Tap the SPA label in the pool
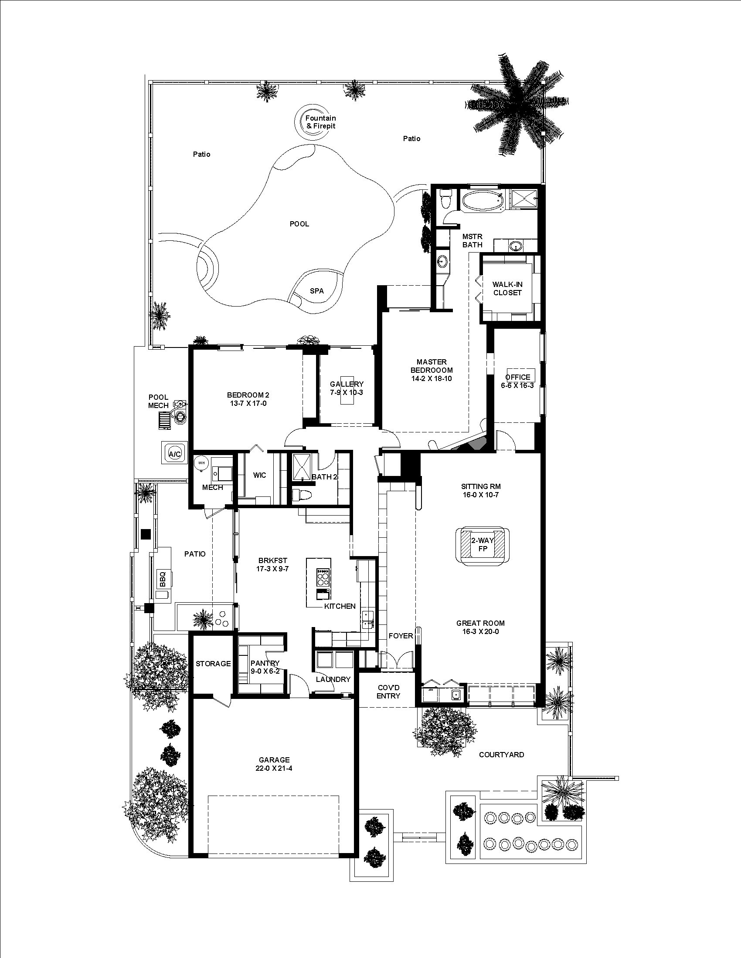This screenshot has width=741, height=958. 316,291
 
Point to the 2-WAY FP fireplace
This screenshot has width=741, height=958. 483,544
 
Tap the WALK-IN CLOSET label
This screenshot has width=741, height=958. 507,289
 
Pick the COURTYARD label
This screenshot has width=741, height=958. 501,755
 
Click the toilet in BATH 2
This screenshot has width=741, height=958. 303,495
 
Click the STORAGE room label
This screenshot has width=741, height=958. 213,664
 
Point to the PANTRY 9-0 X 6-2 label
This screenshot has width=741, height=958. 265,667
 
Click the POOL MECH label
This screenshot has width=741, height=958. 158,401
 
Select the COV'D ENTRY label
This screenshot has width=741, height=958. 388,692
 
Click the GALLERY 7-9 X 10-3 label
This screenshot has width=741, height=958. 347,388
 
